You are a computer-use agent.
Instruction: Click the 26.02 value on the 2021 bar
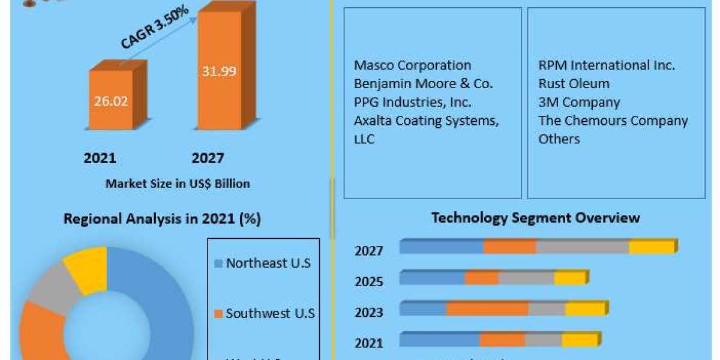pos(110,101)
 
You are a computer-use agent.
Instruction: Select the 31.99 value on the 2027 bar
pos(218,71)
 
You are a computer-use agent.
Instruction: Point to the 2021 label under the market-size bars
pos(100,158)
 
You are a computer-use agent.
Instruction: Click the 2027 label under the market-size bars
pos(208,158)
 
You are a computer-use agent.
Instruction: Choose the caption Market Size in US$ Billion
pos(178,184)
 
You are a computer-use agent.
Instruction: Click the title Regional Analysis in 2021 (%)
pos(162,219)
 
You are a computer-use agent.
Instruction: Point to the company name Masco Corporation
pos(412,65)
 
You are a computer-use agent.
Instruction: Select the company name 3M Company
pos(579,102)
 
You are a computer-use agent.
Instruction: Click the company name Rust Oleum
pos(574,83)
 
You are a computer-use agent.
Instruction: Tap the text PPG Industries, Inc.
pos(412,102)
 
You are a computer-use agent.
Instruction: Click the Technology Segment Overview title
pos(535,217)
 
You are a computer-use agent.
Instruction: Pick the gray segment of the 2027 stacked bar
pos(582,247)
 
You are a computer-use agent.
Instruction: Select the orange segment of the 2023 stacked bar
pos(487,308)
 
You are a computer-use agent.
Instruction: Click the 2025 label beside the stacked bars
pos(368,281)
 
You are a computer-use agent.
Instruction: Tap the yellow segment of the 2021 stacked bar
pos(580,340)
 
